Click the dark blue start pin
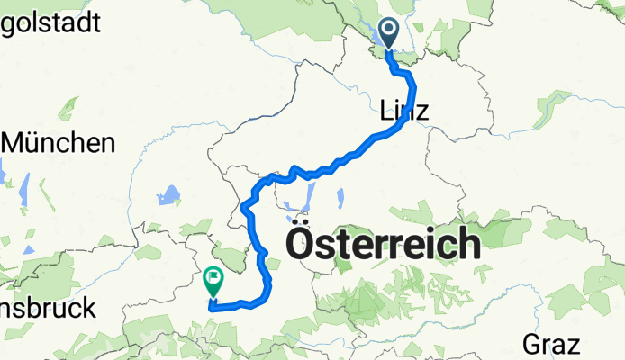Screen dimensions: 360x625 pos(390,32)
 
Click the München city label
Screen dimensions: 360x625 pos(60,142)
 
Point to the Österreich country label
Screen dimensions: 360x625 pos(382,243)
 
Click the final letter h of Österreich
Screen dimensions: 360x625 pos(466,243)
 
